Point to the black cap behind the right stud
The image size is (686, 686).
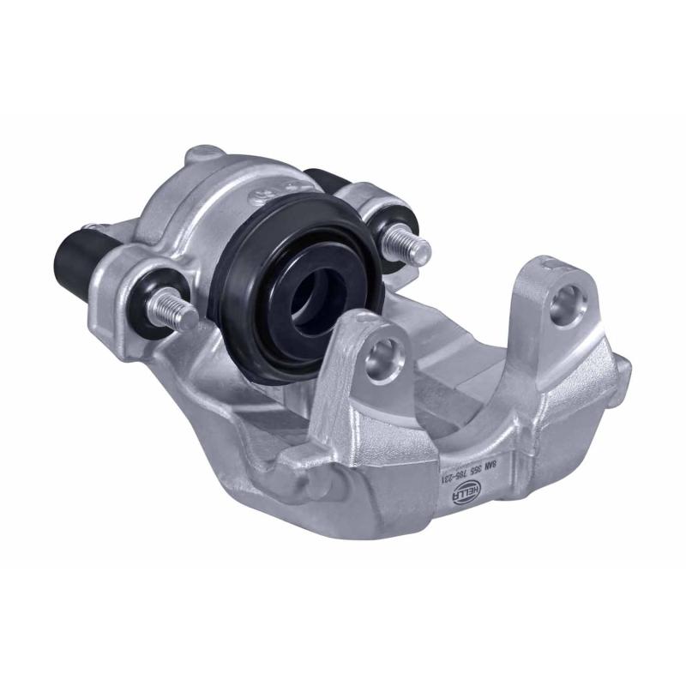330,183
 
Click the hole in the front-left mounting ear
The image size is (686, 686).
382,358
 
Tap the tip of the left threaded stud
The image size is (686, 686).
195,320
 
